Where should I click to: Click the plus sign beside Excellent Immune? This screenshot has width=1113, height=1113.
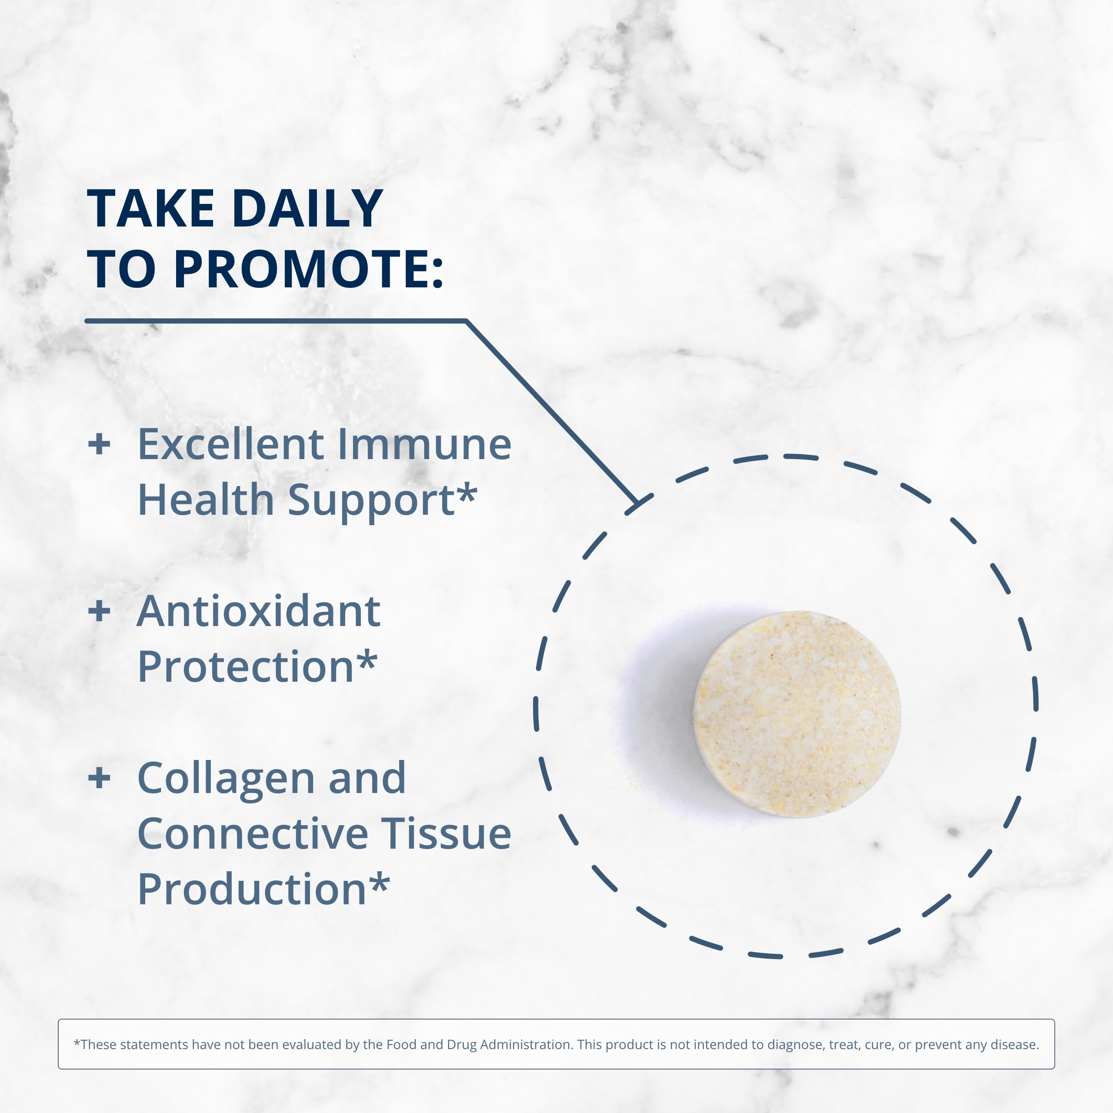(99, 444)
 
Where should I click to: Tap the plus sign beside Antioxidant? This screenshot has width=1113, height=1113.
(99, 611)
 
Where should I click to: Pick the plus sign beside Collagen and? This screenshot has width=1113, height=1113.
(99, 778)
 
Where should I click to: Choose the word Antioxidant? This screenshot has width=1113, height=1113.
(259, 611)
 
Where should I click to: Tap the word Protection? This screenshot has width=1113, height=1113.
(245, 666)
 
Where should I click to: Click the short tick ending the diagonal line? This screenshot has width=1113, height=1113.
(639, 504)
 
